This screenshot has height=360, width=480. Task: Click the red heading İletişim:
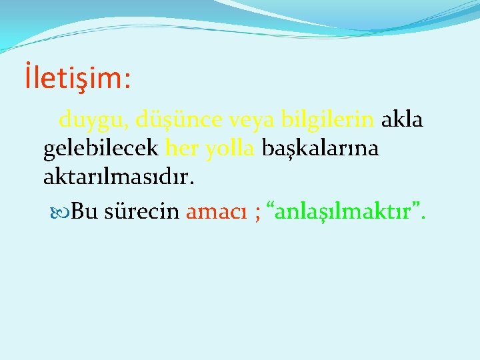[77, 78]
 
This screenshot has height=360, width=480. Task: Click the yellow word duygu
[93, 120]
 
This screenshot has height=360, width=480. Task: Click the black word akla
[402, 120]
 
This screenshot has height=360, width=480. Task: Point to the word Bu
[83, 211]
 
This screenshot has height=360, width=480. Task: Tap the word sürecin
[141, 211]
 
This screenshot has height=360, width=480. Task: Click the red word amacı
[214, 211]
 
